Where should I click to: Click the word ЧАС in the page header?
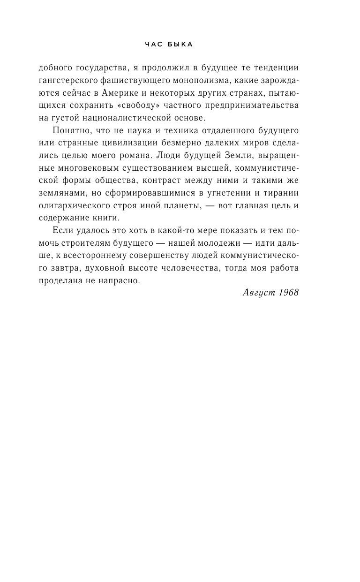click(x=154, y=45)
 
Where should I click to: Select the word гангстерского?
click(x=68, y=81)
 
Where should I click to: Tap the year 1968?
click(x=288, y=292)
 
